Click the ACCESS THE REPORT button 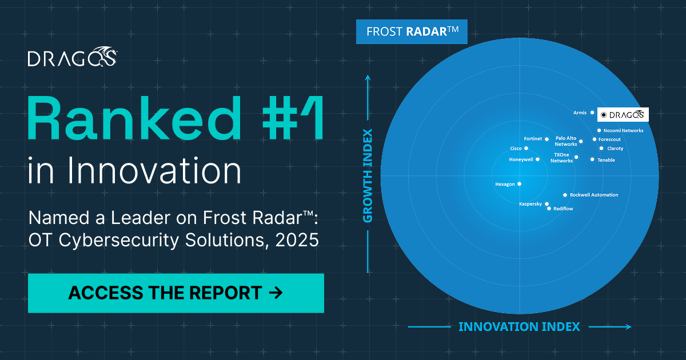click(176, 293)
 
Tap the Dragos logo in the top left click(73, 58)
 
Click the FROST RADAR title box click(412, 31)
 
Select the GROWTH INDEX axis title click(368, 176)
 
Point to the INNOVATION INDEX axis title click(519, 327)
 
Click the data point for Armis click(592, 113)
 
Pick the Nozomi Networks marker click(599, 130)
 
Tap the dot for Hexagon click(519, 184)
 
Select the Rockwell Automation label click(594, 195)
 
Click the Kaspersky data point click(547, 204)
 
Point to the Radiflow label click(563, 209)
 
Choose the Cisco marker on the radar click(526, 149)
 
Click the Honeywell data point click(537, 159)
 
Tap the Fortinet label click(533, 139)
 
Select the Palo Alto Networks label click(566, 141)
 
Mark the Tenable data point click(592, 159)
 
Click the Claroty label click(615, 149)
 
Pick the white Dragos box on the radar click(623, 115)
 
